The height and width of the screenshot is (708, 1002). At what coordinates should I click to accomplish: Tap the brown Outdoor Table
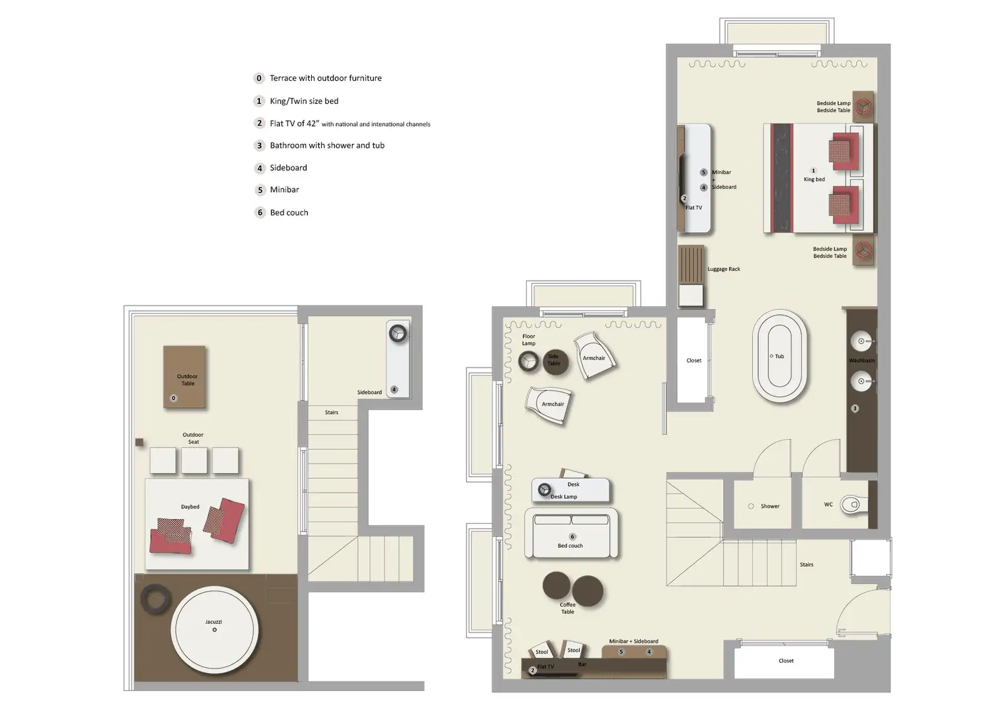(185, 377)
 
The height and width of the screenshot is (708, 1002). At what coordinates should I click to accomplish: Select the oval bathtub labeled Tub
(779, 356)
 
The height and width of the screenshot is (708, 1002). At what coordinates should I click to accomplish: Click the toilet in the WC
(855, 504)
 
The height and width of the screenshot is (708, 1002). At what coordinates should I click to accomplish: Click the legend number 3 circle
(259, 145)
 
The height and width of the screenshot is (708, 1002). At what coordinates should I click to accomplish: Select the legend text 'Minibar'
(284, 190)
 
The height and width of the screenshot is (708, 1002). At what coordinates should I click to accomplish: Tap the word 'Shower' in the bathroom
(770, 506)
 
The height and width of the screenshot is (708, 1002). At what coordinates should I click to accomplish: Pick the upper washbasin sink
(861, 341)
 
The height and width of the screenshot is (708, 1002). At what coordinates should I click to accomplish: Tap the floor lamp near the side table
(529, 361)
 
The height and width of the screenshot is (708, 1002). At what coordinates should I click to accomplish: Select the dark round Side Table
(555, 362)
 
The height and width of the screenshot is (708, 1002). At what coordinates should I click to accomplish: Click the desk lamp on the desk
(544, 490)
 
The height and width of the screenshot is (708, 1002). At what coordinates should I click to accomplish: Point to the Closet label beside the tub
(693, 361)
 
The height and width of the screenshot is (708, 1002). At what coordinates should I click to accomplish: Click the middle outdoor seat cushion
(194, 460)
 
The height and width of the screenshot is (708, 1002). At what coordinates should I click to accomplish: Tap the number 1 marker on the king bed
(813, 170)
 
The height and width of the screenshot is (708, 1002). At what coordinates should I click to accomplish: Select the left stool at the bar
(541, 650)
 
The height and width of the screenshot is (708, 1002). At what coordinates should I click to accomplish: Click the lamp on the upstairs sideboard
(398, 333)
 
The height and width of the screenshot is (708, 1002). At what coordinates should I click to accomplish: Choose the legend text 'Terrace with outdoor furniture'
(325, 78)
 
